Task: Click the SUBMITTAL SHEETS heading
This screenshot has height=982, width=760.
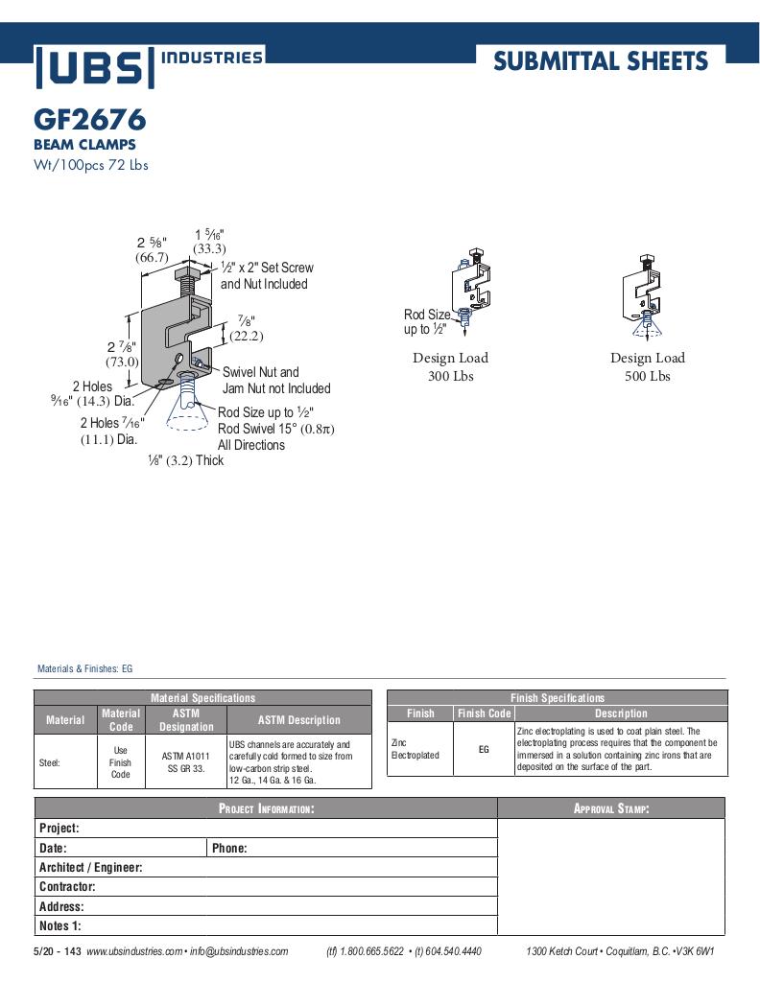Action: (601, 62)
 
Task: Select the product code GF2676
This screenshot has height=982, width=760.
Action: (89, 120)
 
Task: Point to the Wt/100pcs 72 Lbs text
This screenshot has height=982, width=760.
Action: (90, 164)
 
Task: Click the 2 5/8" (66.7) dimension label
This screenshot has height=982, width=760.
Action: (152, 249)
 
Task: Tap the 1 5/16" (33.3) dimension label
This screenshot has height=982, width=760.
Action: (209, 242)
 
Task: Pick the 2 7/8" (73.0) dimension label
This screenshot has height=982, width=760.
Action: (122, 354)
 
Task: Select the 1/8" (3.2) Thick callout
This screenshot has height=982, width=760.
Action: (185, 460)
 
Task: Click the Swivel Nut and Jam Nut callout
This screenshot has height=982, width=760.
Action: (275, 380)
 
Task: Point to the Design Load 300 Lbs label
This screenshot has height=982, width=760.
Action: (450, 366)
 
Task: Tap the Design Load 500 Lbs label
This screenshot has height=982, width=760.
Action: (648, 366)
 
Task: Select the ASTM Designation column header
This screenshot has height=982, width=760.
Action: (185, 720)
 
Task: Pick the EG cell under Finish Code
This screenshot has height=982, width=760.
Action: (484, 749)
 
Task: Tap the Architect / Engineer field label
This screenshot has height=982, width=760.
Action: (90, 867)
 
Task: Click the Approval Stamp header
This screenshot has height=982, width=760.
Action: (611, 808)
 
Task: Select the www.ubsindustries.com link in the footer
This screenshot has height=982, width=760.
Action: (134, 951)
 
